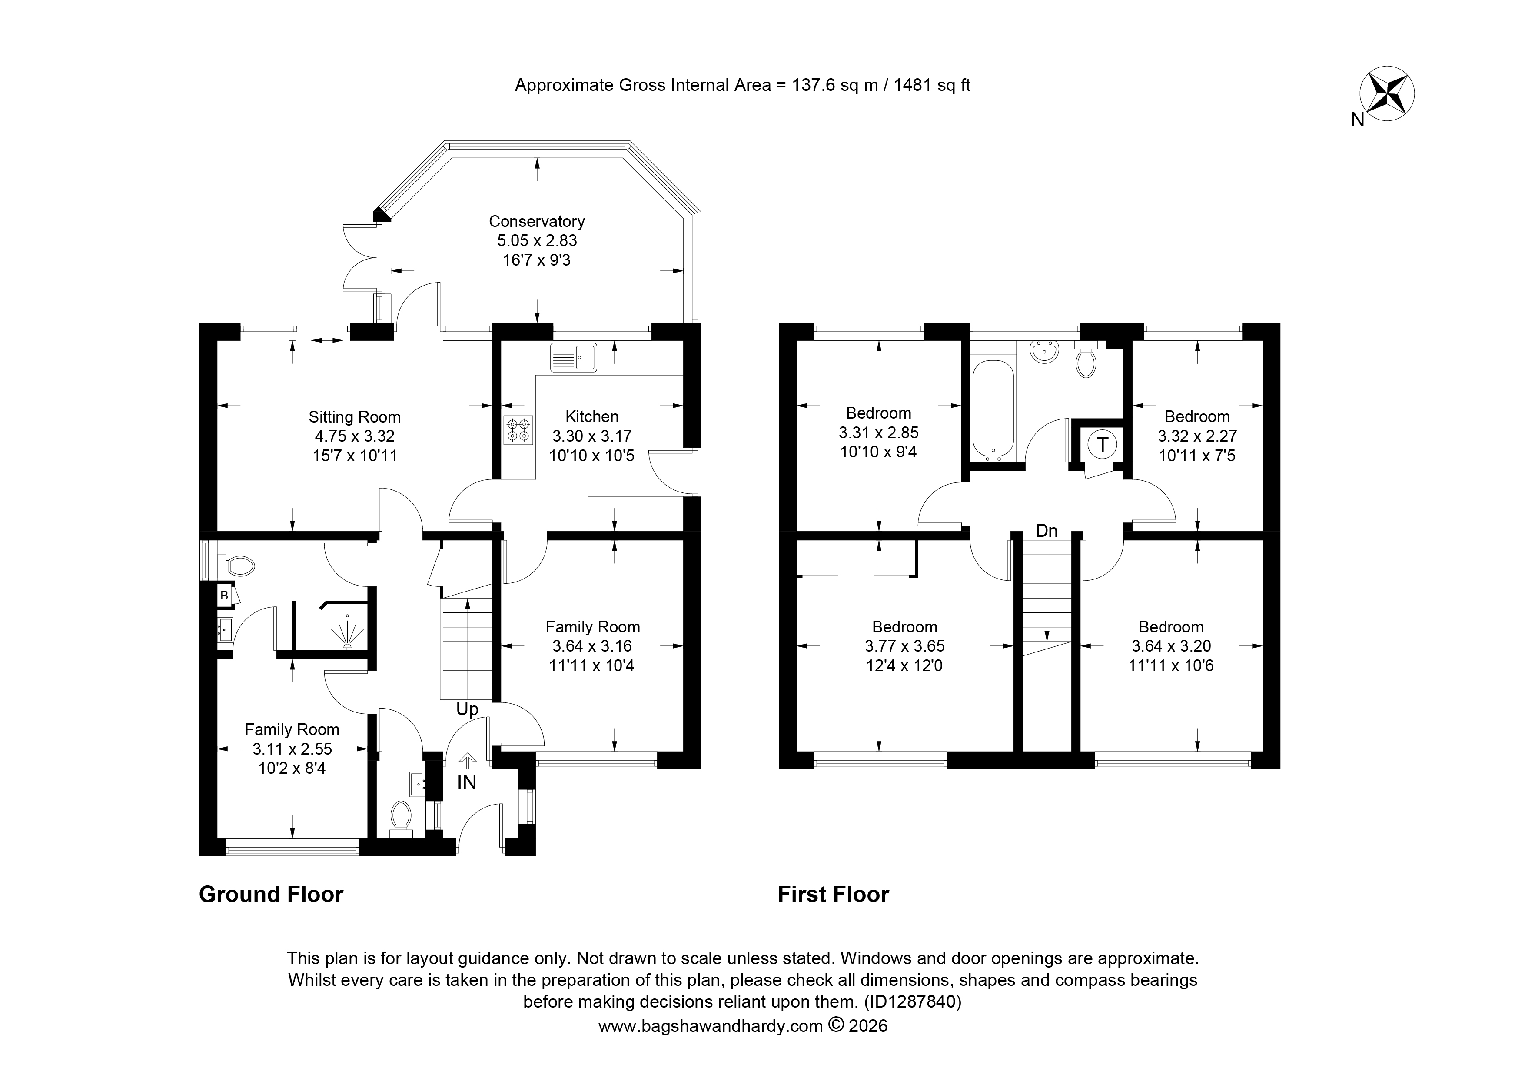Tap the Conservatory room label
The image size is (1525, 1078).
tap(537, 221)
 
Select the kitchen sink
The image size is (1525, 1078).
tap(574, 357)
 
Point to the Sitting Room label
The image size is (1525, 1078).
tap(355, 417)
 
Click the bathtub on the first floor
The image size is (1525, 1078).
tap(993, 410)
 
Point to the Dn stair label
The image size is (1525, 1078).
tap(1047, 531)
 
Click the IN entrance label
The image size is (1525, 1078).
tap(467, 782)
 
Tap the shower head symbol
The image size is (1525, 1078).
tap(347, 632)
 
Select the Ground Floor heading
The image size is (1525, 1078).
tap(271, 895)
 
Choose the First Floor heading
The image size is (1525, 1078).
tap(834, 895)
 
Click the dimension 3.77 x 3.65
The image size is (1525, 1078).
tap(905, 645)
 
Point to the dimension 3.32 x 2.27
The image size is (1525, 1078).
tap(1198, 436)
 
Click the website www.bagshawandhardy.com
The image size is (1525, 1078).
tap(711, 1026)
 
